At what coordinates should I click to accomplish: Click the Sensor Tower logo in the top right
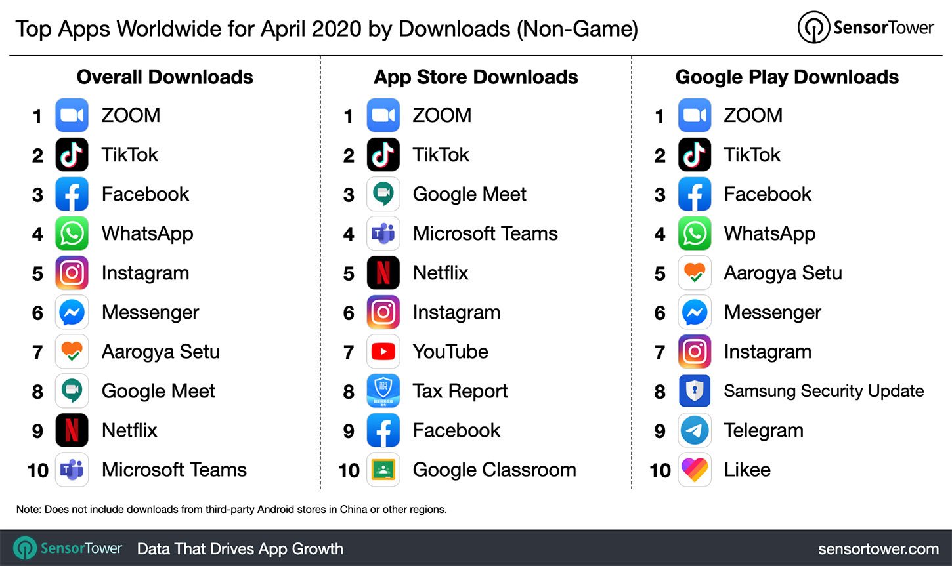click(865, 28)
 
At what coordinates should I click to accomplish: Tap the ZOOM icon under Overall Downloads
click(72, 115)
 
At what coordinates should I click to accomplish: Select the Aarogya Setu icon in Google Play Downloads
click(694, 273)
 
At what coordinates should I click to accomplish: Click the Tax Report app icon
click(383, 391)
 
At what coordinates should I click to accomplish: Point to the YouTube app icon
click(383, 352)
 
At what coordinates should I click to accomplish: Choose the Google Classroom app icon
click(383, 470)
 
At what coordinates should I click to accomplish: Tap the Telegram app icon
click(694, 430)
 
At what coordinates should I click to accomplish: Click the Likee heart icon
click(694, 470)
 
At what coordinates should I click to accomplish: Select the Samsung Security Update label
click(823, 391)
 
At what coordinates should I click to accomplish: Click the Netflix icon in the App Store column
click(383, 273)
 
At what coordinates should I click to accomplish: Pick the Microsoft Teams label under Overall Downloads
click(174, 470)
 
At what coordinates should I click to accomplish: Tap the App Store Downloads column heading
click(475, 77)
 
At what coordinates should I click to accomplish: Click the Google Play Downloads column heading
click(787, 77)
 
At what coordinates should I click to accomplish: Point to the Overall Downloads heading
click(165, 77)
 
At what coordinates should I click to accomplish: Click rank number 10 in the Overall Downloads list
click(37, 470)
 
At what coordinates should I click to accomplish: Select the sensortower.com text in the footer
click(878, 548)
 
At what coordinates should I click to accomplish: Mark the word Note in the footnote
click(28, 509)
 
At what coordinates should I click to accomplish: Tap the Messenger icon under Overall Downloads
click(72, 312)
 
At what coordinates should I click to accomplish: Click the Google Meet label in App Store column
click(469, 194)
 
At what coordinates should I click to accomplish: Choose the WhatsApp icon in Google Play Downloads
click(694, 233)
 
